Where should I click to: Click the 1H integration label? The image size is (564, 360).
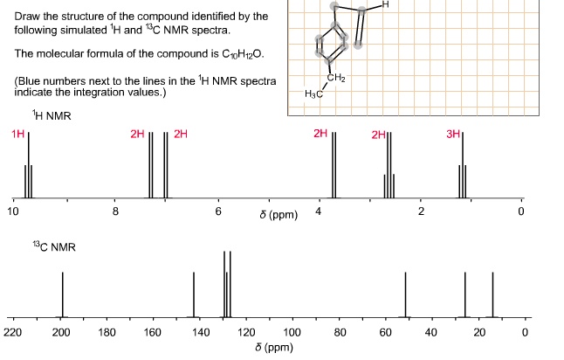tap(17, 135)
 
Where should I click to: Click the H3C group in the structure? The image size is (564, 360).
tap(313, 93)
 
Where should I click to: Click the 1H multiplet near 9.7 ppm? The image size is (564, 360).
tap(29, 166)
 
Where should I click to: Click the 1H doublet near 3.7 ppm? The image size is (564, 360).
tap(334, 166)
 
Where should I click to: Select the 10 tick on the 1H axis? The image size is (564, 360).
tap(12, 211)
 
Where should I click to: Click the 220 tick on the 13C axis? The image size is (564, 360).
tap(12, 333)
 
